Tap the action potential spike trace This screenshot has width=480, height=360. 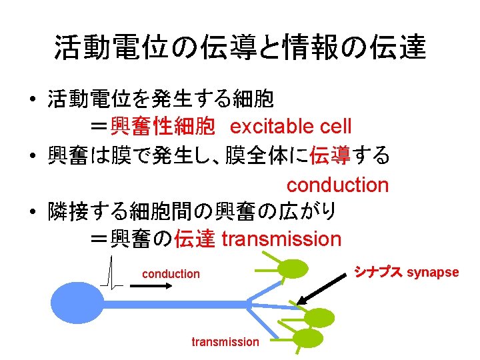coord(111,273)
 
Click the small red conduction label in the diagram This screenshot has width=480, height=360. coord(171,273)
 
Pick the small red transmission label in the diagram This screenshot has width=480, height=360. coord(225,342)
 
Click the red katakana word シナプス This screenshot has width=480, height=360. coord(377,271)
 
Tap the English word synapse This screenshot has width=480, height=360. coord(433,272)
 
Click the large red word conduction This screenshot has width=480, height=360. coord(337,185)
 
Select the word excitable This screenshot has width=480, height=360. coord(273,125)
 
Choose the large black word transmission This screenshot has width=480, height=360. coord(281,239)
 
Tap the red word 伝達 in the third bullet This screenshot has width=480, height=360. coord(194,239)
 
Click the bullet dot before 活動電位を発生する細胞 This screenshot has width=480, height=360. coord(32,100)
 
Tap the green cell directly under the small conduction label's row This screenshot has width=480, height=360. coord(293,269)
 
